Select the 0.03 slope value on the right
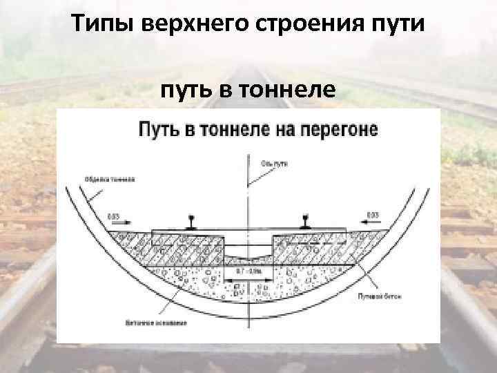tap(374, 216)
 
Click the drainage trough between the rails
tap(247, 254)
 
